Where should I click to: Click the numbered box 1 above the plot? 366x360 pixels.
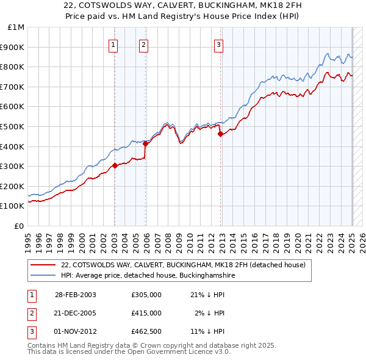click(x=114, y=44)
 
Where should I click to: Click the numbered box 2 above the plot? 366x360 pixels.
click(x=143, y=44)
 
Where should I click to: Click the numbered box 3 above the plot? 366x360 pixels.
click(x=218, y=44)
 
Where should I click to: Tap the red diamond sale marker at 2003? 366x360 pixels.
click(x=115, y=165)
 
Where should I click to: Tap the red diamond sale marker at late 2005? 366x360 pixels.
click(x=145, y=143)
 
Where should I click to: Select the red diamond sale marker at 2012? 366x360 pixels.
click(x=220, y=134)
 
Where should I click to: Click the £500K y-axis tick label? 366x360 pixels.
click(x=13, y=126)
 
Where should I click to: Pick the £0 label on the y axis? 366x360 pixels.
click(x=19, y=226)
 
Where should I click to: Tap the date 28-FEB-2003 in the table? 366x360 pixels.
click(x=76, y=295)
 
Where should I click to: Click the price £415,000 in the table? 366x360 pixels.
click(x=146, y=313)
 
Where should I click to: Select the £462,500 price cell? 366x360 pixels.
click(x=146, y=331)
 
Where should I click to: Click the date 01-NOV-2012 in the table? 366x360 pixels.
click(x=76, y=331)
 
